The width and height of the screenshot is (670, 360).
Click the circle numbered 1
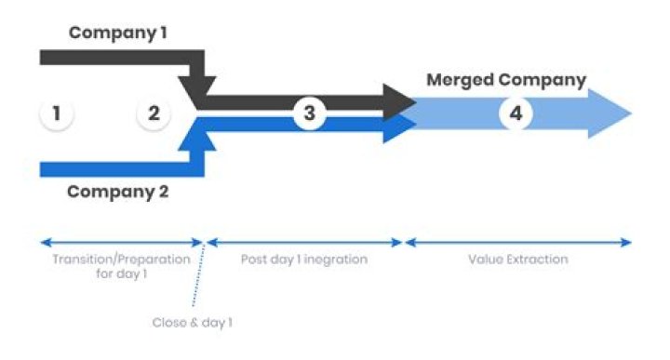(57, 114)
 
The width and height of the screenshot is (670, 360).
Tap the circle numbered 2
(154, 114)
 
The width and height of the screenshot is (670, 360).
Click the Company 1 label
(118, 33)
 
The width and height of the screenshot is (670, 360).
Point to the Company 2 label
(118, 193)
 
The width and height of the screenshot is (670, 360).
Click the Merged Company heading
(506, 80)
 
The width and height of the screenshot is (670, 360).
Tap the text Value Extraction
(518, 260)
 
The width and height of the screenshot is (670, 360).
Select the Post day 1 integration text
(305, 260)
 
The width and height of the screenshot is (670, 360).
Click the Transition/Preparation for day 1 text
(121, 266)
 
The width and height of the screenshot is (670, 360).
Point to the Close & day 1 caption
(192, 322)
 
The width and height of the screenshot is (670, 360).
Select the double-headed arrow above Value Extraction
(518, 243)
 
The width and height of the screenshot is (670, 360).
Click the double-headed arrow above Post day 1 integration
(305, 243)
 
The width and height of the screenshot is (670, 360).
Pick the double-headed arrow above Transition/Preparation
(121, 243)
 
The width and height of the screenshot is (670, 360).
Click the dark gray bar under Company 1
(112, 58)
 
